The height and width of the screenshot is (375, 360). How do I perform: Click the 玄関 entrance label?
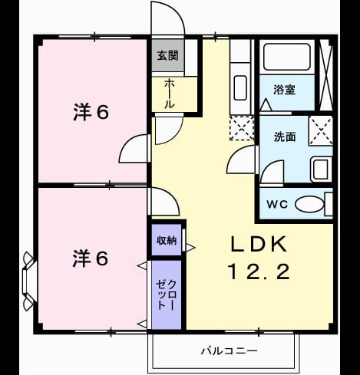click(x=167, y=55)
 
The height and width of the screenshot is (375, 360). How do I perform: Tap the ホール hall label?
click(x=169, y=94)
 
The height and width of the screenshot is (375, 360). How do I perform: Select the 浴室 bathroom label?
click(x=284, y=90)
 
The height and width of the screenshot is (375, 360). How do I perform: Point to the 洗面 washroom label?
click(x=285, y=137)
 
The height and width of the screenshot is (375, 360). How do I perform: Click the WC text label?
click(x=277, y=204)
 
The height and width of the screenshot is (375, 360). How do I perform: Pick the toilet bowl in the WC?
click(x=309, y=204)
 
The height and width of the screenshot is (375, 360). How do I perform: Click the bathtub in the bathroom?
click(x=287, y=57)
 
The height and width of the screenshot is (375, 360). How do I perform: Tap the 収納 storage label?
click(x=167, y=240)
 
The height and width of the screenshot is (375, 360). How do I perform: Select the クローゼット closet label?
click(x=167, y=295)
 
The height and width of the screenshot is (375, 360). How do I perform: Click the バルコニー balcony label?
click(x=229, y=351)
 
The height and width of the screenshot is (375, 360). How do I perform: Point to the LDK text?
click(x=259, y=245)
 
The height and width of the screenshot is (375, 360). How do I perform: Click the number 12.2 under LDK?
click(x=259, y=271)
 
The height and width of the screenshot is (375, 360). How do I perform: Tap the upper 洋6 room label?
click(x=91, y=112)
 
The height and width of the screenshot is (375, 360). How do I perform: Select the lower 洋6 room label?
click(x=90, y=258)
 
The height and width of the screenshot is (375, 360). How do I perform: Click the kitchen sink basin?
click(x=240, y=87)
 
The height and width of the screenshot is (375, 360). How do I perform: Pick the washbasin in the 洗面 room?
click(x=321, y=169)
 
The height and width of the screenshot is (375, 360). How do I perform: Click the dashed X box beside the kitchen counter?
click(x=242, y=128)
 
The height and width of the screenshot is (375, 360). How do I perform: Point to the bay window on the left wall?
click(x=28, y=281)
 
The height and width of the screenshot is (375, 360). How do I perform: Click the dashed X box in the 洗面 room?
click(x=321, y=130)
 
